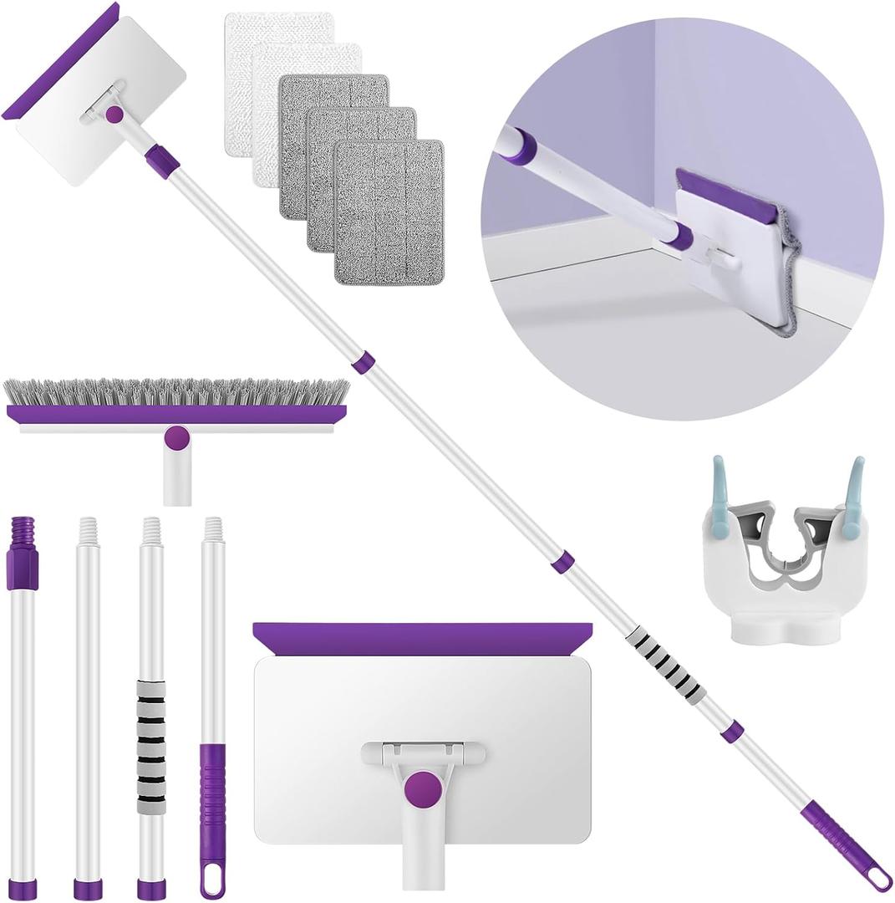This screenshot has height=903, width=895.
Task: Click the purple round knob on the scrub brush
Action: tap(176, 437)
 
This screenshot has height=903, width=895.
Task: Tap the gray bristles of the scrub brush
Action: tap(175, 392)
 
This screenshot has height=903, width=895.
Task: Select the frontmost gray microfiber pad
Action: tap(389, 211)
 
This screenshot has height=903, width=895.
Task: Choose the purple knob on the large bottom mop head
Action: tap(423, 788)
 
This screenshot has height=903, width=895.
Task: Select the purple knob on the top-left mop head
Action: tap(114, 115)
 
